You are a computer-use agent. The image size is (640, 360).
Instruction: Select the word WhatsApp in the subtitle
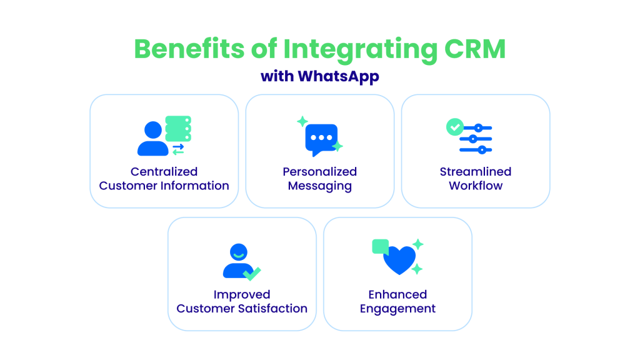pyautogui.click(x=338, y=76)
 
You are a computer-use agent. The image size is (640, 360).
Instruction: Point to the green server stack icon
pyautogui.click(x=177, y=128)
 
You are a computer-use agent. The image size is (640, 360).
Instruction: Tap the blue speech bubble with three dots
pyautogui.click(x=321, y=139)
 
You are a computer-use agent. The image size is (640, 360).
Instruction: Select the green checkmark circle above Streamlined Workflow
pyautogui.click(x=454, y=127)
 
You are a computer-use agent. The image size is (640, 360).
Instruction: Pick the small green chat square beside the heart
pyautogui.click(x=380, y=246)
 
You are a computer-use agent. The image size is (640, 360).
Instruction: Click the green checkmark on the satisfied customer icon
pyautogui.click(x=252, y=273)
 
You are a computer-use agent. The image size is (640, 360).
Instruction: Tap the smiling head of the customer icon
pyautogui.click(x=238, y=252)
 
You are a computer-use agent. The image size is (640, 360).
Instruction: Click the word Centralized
pyautogui.click(x=164, y=171)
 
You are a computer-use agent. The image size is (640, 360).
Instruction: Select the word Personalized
pyautogui.click(x=319, y=171)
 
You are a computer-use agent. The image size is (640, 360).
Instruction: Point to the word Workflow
pyautogui.click(x=476, y=186)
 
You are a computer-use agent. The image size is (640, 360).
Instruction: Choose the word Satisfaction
pyautogui.click(x=274, y=308)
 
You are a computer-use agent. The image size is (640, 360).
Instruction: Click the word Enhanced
pyautogui.click(x=397, y=294)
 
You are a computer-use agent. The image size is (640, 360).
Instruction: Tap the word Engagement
pyautogui.click(x=397, y=308)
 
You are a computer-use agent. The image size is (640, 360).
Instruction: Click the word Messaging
pyautogui.click(x=319, y=186)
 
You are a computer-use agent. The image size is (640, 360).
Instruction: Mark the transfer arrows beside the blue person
pyautogui.click(x=178, y=149)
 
